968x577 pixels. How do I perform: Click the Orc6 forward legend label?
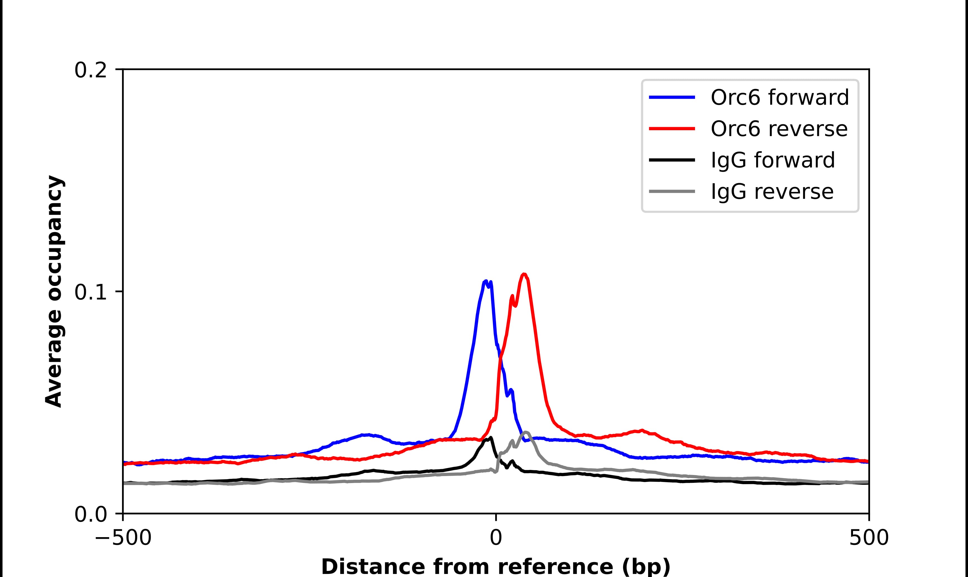tap(779, 97)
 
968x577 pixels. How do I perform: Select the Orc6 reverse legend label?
tap(779, 129)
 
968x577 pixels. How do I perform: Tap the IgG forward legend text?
tap(773, 160)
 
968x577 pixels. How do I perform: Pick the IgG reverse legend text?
tap(772, 192)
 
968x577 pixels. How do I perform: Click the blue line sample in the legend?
tap(672, 97)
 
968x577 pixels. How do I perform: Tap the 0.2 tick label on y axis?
tap(90, 70)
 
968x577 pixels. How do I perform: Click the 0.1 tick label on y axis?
tap(90, 292)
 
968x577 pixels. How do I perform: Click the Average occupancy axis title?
tap(54, 292)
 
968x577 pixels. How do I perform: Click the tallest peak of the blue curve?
tap(486, 281)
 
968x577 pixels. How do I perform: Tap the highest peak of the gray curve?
tap(526, 432)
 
